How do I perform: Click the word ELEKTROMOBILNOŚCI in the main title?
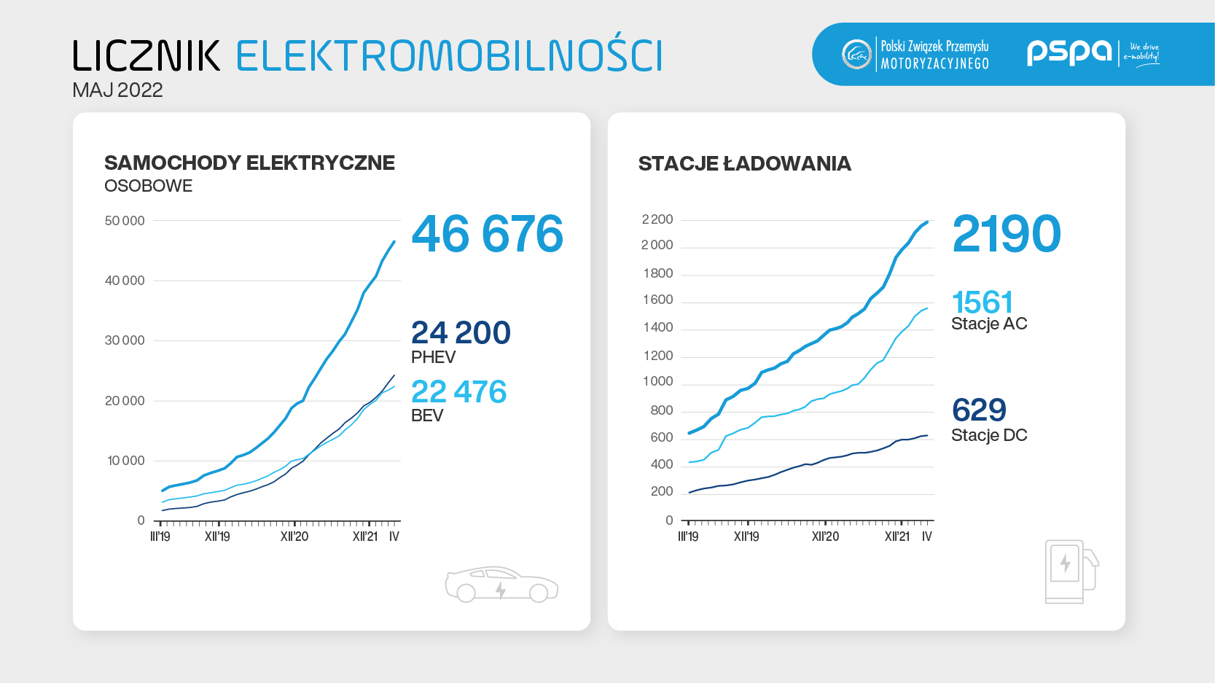point(448,56)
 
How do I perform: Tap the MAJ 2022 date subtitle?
point(117,90)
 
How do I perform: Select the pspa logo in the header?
point(1069,52)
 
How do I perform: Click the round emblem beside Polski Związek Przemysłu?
point(856,54)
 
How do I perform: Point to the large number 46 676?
point(487,234)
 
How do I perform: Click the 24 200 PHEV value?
point(461,333)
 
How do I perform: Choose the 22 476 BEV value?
point(458,392)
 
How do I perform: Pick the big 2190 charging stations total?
point(1006,234)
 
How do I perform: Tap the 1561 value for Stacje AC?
point(982,303)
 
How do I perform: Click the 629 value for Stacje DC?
point(979,410)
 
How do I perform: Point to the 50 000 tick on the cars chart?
point(125,221)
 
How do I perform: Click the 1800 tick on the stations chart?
point(658,273)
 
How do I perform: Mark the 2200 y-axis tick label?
point(657,219)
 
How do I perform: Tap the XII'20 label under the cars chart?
point(294,536)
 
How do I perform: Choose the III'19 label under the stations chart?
point(688,536)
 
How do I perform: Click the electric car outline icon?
point(501,584)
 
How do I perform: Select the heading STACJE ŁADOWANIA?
point(744,163)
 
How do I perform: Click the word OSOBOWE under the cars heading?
point(148,186)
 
